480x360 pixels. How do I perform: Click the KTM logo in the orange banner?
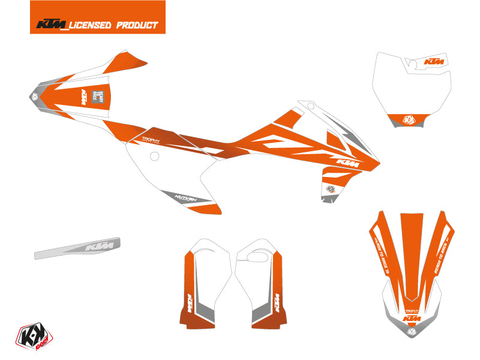(x=52, y=25)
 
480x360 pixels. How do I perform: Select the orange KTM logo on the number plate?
(x=434, y=62)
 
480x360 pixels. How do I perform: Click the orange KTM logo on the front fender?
(x=412, y=317)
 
